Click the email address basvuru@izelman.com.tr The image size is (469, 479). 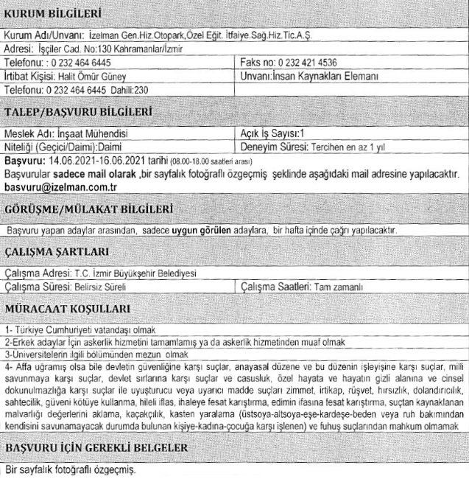tap(56, 189)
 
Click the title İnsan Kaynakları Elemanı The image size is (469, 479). tap(325, 76)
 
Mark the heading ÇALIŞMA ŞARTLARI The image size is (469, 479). tap(57, 251)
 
